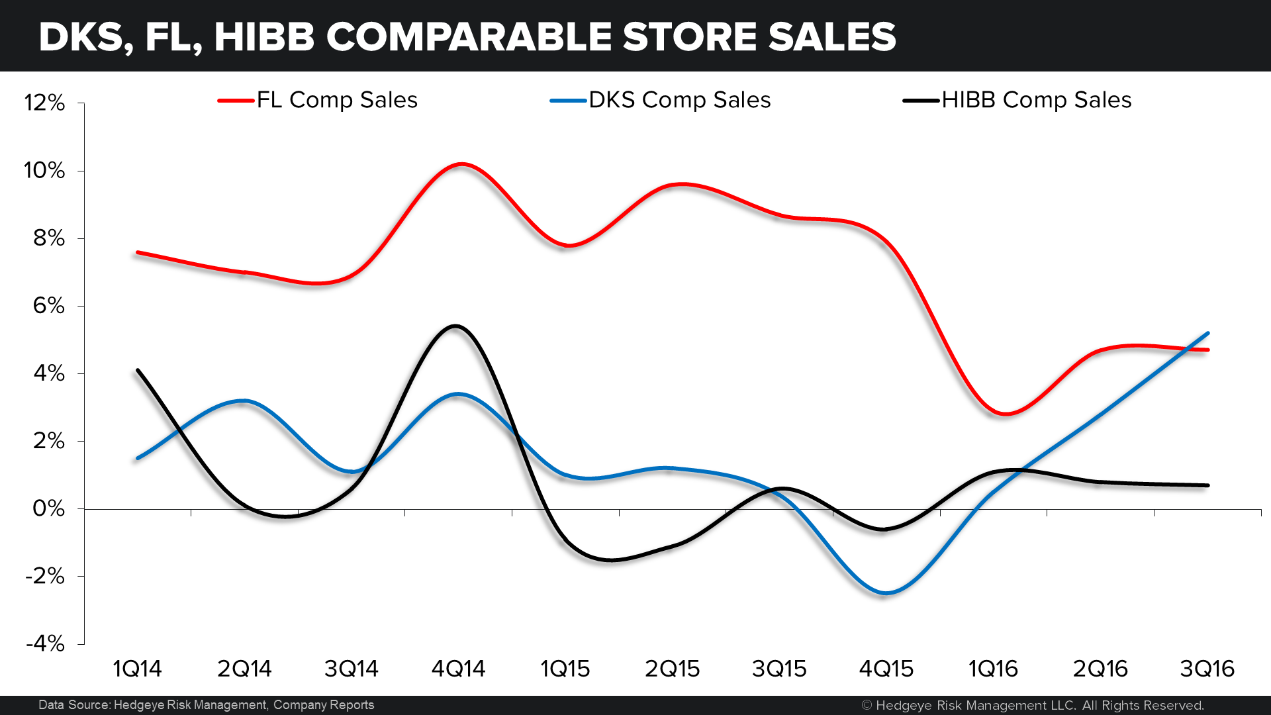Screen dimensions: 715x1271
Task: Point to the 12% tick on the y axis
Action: point(45,103)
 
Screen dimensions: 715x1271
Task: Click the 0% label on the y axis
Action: point(49,508)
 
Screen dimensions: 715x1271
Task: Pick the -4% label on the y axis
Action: point(45,643)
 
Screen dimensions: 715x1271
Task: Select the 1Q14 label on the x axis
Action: point(137,669)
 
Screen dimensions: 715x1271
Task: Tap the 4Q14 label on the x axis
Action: point(458,669)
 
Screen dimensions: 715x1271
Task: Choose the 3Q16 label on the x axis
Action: point(1207,669)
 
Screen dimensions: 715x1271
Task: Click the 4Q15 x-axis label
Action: point(886,669)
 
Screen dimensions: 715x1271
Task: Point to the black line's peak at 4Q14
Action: point(455,326)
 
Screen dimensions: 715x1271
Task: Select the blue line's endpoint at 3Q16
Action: point(1208,333)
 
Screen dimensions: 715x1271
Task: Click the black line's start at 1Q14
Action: point(137,370)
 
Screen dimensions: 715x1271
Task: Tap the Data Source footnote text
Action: point(206,705)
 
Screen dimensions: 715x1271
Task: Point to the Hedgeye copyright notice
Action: point(1033,705)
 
